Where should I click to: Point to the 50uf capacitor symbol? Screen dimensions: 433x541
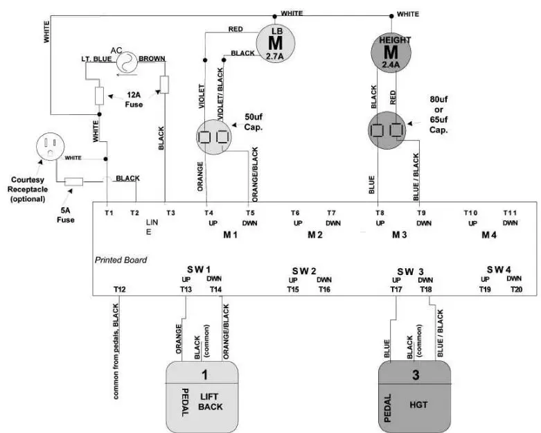pos(215,136)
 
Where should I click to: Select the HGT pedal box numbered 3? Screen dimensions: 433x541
pos(414,396)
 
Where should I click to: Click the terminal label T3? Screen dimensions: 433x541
pos(170,213)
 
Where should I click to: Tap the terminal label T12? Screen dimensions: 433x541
pos(120,289)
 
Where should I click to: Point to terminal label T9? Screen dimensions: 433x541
pos(420,213)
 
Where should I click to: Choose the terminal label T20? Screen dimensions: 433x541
pos(517,289)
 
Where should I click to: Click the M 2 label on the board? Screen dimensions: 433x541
pos(315,236)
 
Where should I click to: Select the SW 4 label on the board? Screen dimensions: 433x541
pos(498,269)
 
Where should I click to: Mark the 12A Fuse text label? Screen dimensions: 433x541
pos(134,99)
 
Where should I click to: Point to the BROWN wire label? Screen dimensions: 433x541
pos(152,60)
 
